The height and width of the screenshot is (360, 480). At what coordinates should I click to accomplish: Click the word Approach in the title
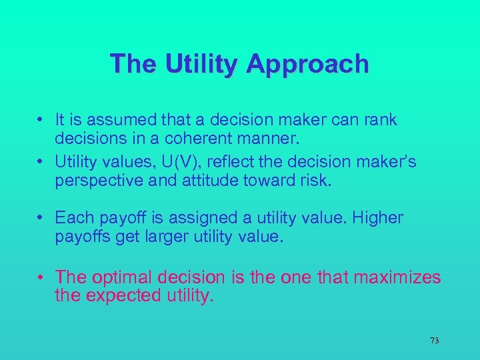point(307,64)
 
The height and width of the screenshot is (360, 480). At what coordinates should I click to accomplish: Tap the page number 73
point(434,341)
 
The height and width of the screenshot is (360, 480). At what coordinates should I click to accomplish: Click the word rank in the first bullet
point(381,120)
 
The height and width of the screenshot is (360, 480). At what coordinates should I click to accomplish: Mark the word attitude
point(205,180)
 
